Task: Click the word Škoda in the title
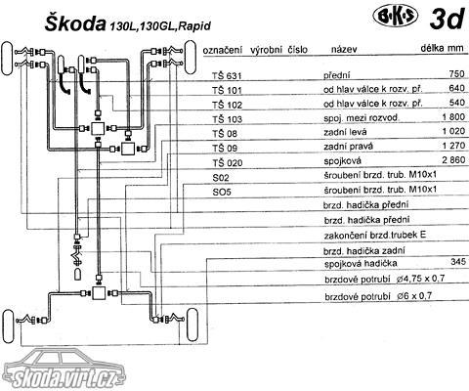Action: click(75, 23)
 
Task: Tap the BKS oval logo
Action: click(395, 19)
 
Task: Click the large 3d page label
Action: click(447, 19)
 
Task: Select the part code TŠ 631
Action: click(227, 76)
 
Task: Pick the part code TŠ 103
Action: click(228, 119)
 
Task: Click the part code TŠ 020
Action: click(228, 162)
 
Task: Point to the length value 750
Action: click(456, 74)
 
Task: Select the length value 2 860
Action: click(453, 160)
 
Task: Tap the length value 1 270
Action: click(453, 146)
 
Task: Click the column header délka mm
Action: click(442, 48)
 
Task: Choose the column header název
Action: click(344, 49)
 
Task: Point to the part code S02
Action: click(221, 178)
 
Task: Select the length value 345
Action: click(458, 261)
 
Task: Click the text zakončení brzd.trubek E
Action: click(375, 236)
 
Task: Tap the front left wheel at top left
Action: click(8, 59)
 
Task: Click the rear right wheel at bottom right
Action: click(192, 326)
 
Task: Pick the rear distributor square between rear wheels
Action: click(99, 293)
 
